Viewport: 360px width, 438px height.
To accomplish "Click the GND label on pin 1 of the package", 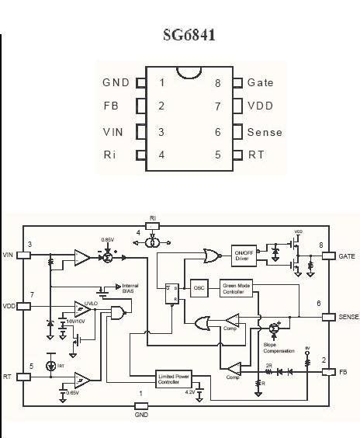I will [116, 82].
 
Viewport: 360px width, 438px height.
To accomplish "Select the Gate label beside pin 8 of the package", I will [260, 82].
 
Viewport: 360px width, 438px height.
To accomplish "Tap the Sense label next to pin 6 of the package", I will [265, 132].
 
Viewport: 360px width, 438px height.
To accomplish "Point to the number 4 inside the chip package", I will [161, 155].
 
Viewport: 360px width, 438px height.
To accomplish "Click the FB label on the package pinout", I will [111, 106].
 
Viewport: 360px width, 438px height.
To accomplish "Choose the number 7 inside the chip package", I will [218, 106].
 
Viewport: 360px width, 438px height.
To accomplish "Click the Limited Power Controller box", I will [174, 378].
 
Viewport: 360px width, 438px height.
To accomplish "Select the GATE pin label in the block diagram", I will [347, 255].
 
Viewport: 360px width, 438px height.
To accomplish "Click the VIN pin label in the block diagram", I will [9, 255].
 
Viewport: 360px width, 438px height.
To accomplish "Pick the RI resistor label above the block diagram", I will [153, 218].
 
